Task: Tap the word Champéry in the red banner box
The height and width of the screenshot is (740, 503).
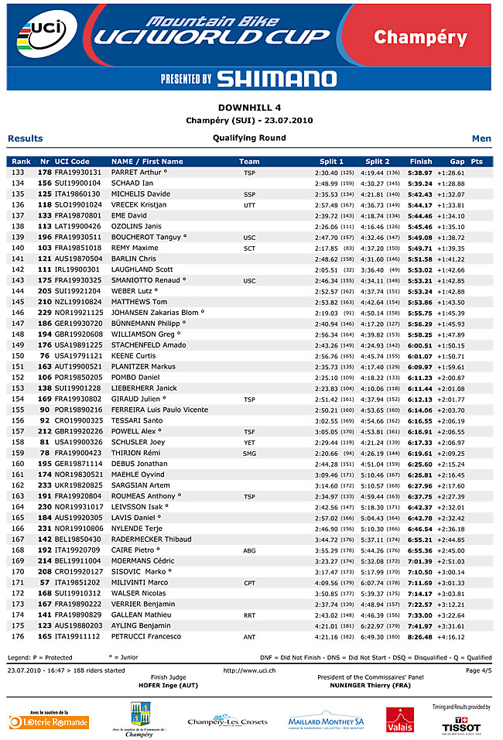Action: (420, 37)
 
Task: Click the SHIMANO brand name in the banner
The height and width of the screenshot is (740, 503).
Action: (276, 78)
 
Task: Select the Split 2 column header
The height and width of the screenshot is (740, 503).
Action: (378, 161)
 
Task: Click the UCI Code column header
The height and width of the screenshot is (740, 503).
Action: (72, 161)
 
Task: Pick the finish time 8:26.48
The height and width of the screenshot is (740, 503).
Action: (420, 636)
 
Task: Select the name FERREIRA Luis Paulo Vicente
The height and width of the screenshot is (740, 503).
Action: (159, 409)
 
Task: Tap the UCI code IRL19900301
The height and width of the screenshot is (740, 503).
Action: (77, 269)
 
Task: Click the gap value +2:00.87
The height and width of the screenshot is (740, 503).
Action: (450, 377)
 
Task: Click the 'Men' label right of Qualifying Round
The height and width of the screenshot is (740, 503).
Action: (481, 139)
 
